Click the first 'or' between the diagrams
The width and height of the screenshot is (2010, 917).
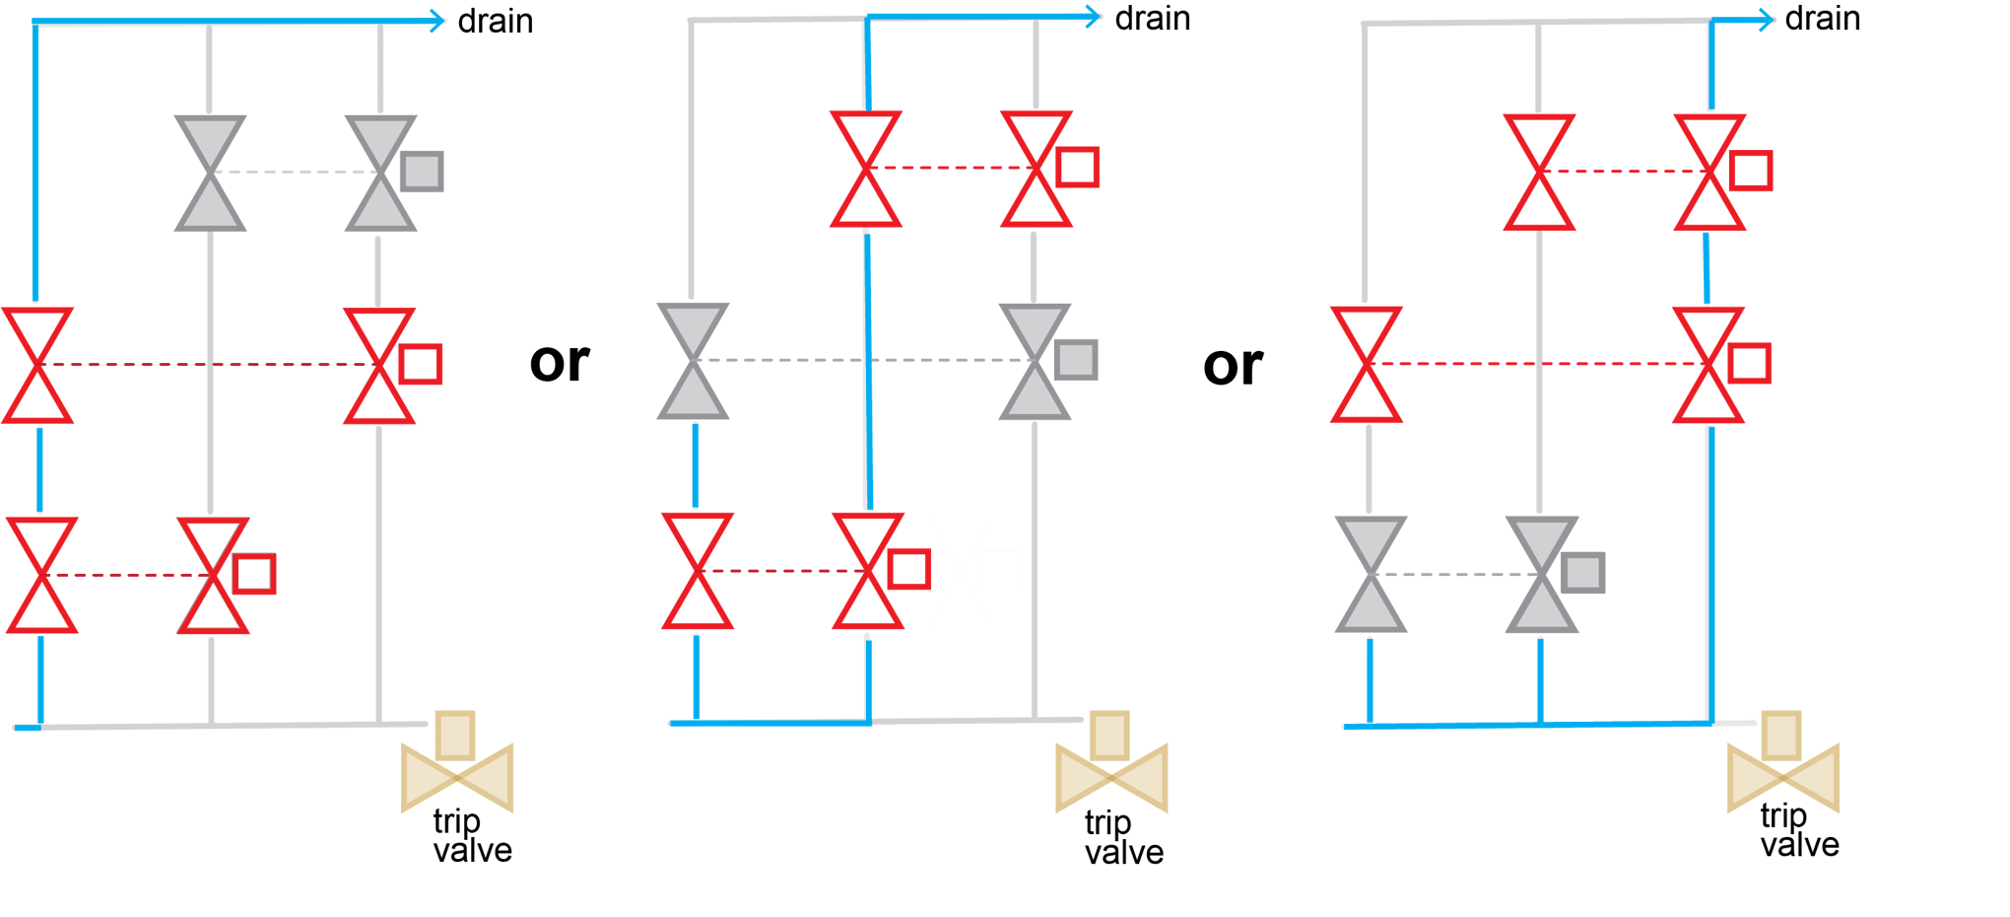[560, 363]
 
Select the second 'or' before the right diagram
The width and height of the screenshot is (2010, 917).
[1233, 366]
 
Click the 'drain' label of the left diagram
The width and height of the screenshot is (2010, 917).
[496, 21]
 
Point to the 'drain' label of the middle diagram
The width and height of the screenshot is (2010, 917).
[1153, 19]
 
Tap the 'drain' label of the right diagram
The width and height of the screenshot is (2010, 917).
[1823, 19]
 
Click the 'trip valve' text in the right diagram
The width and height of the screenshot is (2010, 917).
[1798, 830]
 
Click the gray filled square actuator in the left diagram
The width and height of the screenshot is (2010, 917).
[422, 172]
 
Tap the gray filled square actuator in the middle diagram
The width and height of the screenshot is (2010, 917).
[1076, 360]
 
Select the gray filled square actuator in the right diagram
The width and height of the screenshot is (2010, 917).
[1583, 573]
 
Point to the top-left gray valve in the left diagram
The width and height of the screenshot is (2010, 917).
[210, 174]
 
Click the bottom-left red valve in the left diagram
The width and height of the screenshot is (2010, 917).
[41, 576]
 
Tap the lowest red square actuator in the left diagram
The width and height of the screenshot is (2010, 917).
[254, 574]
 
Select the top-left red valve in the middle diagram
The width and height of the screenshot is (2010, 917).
[866, 170]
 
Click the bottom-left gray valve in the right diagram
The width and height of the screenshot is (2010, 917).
[1371, 574]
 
